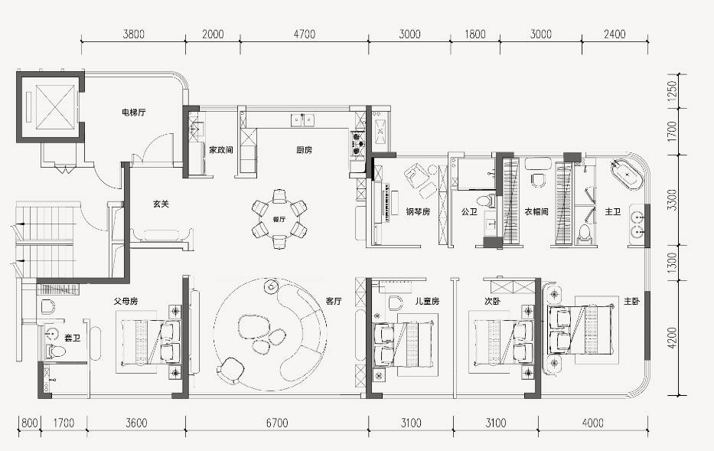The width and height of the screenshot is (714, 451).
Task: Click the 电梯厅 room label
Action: pyautogui.click(x=134, y=112)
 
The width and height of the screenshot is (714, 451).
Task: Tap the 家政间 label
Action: pyautogui.click(x=221, y=149)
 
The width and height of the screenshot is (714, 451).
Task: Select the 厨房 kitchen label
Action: pyautogui.click(x=304, y=149)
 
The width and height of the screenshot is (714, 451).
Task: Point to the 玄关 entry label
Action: pyautogui.click(x=161, y=204)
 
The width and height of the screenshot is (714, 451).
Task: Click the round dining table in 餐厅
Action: pyautogui.click(x=279, y=219)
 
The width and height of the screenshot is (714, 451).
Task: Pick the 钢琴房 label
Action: pyautogui.click(x=418, y=211)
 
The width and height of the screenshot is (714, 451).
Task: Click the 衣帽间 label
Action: pyautogui.click(x=536, y=211)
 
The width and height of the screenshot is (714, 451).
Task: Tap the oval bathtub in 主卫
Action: pyautogui.click(x=627, y=174)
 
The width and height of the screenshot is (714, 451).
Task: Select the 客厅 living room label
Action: pyautogui.click(x=334, y=301)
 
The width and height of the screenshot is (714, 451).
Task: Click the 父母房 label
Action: pyautogui.click(x=126, y=301)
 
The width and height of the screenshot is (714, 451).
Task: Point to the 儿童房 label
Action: pyautogui.click(x=427, y=301)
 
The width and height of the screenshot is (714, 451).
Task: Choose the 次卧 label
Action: pyautogui.click(x=492, y=301)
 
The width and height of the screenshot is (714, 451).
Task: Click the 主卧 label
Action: pyautogui.click(x=631, y=301)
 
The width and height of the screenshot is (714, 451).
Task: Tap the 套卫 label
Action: pyautogui.click(x=72, y=338)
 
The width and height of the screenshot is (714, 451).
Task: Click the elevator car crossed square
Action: pyautogui.click(x=55, y=107)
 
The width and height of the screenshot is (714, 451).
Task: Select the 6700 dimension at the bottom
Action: pyautogui.click(x=277, y=423)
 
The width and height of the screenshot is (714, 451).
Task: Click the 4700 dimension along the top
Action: pyautogui.click(x=304, y=34)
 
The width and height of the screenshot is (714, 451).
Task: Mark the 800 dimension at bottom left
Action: pyautogui.click(x=30, y=423)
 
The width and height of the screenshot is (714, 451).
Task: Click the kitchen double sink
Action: pyautogui.click(x=303, y=120)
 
